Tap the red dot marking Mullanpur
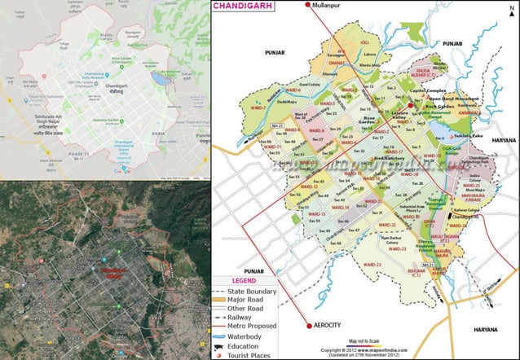point(307,6)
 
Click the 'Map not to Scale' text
point(364,340)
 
